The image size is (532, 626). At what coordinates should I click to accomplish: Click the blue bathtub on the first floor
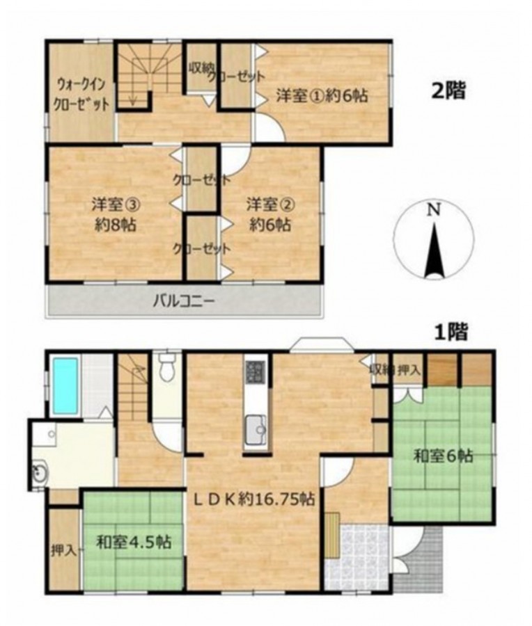(65, 385)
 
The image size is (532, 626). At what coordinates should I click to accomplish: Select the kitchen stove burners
(255, 371)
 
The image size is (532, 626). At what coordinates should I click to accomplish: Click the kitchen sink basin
(256, 430)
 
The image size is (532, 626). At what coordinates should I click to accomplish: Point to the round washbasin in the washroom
(40, 473)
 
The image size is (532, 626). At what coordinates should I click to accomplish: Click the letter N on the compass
(432, 210)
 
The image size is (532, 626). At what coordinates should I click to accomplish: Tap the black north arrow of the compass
(434, 250)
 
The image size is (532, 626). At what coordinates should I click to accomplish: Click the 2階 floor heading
(448, 91)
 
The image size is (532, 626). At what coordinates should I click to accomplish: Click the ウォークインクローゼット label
(81, 94)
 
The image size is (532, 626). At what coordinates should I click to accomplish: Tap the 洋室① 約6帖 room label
(322, 96)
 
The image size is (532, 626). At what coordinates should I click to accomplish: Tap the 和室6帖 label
(443, 456)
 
